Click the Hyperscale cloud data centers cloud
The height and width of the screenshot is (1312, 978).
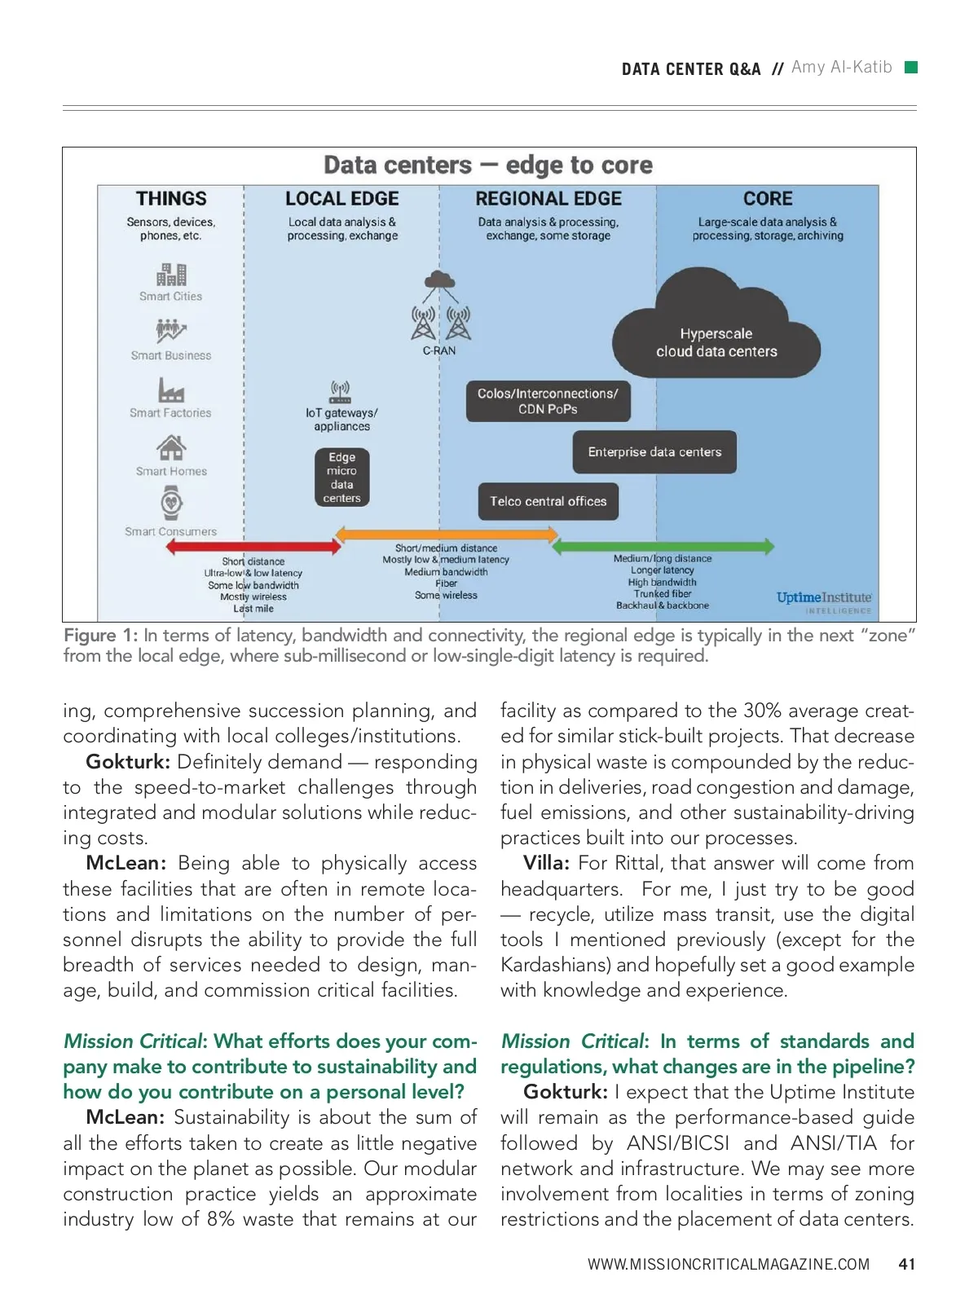716,334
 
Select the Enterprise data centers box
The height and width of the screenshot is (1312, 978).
654,452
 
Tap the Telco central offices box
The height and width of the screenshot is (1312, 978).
548,502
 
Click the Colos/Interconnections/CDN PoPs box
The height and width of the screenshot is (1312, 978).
548,401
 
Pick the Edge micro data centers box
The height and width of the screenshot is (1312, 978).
341,478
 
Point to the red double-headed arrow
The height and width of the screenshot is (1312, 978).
253,546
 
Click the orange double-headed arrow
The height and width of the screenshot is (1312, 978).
447,535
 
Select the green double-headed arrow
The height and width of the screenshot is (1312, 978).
663,546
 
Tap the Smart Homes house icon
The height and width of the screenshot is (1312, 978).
171,447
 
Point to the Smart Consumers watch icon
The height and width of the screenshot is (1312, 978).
171,503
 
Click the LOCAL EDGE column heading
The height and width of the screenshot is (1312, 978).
341,199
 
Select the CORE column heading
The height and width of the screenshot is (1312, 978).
767,199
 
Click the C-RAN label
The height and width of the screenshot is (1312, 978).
439,350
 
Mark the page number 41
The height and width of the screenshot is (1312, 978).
906,1264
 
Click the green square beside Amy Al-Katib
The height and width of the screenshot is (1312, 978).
911,67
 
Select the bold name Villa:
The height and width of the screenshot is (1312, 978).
546,863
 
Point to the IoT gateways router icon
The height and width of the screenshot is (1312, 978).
340,391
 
